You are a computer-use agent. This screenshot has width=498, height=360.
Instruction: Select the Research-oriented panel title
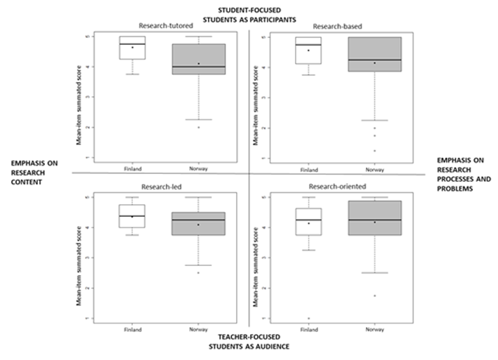[332, 187]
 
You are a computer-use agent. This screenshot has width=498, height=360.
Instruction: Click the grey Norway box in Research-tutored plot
[199, 59]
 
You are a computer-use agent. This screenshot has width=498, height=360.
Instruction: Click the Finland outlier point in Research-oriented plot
[308, 318]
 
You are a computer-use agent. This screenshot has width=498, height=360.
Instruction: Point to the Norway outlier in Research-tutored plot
[199, 127]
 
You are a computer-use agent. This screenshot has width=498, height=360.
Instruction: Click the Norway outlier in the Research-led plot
[199, 272]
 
